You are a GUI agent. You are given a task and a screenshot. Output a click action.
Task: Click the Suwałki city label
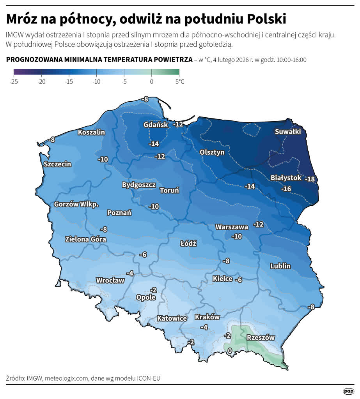(x=288, y=132)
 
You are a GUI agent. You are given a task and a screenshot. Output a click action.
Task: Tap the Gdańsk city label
(x=156, y=125)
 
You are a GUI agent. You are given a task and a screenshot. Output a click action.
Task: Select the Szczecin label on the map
(x=57, y=164)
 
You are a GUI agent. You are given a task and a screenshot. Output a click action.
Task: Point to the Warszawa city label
(x=232, y=227)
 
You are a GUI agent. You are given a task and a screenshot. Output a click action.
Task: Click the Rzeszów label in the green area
(x=261, y=338)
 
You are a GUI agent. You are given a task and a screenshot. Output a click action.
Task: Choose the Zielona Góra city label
(x=85, y=239)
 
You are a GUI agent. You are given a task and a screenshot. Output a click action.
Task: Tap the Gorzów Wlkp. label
(x=76, y=204)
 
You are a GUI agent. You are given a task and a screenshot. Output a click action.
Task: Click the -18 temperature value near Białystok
(x=310, y=179)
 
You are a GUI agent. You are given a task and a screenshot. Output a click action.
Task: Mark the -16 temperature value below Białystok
(x=286, y=189)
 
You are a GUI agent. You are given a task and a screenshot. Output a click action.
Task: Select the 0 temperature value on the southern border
(x=230, y=351)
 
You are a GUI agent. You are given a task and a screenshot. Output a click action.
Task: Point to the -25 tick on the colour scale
(x=14, y=81)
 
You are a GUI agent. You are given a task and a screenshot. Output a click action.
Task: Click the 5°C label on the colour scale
(x=179, y=81)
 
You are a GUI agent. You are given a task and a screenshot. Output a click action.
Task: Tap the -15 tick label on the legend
(x=69, y=81)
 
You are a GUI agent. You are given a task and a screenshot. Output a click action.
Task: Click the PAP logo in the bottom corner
(x=348, y=391)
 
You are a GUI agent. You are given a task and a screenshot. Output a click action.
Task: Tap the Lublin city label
(x=280, y=266)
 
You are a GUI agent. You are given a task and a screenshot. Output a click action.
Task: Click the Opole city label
(x=145, y=297)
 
